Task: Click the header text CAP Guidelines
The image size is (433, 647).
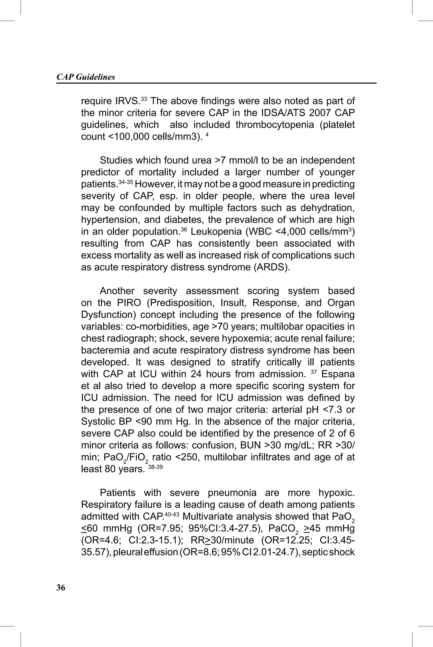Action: click(86, 77)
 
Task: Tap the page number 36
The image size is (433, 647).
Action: click(61, 588)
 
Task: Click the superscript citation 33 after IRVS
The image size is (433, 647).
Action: click(144, 99)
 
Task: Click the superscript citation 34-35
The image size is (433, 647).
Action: click(125, 182)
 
